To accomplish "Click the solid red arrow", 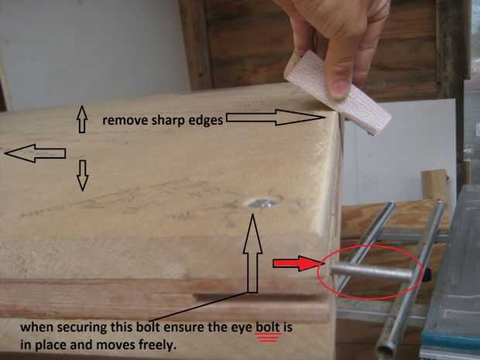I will coord(296,264).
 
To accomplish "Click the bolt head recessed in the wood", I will coord(262,202).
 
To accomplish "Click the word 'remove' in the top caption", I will coord(122,121).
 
